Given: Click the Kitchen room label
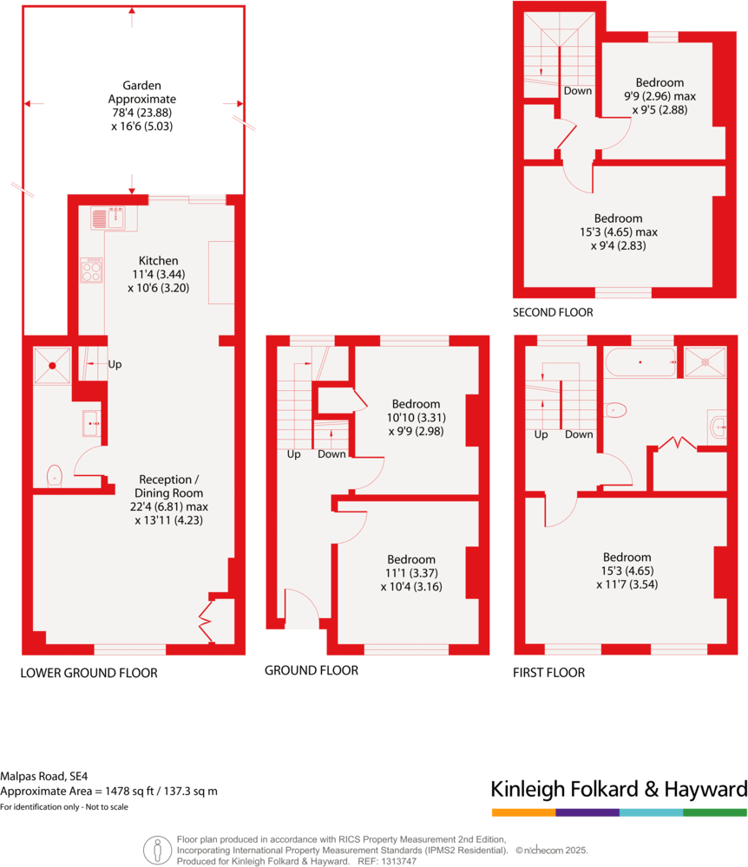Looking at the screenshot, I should [x=159, y=260].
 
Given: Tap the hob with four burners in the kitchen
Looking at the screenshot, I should [x=91, y=271].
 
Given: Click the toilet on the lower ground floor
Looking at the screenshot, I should [x=54, y=475].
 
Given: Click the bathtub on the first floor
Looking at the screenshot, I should [x=640, y=362].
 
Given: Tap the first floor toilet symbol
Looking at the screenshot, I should [x=615, y=410].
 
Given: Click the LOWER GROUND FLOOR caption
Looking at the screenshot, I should [x=89, y=673].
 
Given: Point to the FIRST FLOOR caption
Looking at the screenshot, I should [x=549, y=673].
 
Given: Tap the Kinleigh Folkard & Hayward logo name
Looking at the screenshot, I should [x=619, y=789].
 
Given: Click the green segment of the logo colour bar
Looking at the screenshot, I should [x=715, y=812].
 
